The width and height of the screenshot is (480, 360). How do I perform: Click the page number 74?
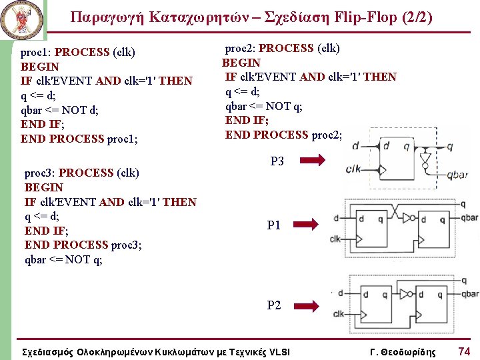[464, 351]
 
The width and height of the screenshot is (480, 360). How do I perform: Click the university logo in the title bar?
[23, 20]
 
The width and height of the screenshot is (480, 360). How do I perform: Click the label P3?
[277, 161]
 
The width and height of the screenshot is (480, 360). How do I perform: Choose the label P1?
[274, 226]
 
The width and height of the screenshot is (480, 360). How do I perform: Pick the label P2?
[274, 306]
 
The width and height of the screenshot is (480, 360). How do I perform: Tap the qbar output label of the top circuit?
[457, 175]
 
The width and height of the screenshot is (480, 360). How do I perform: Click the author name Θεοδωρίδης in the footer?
[408, 352]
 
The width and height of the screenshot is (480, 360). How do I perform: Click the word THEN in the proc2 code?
[380, 77]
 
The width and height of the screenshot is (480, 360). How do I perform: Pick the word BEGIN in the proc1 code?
[40, 67]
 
